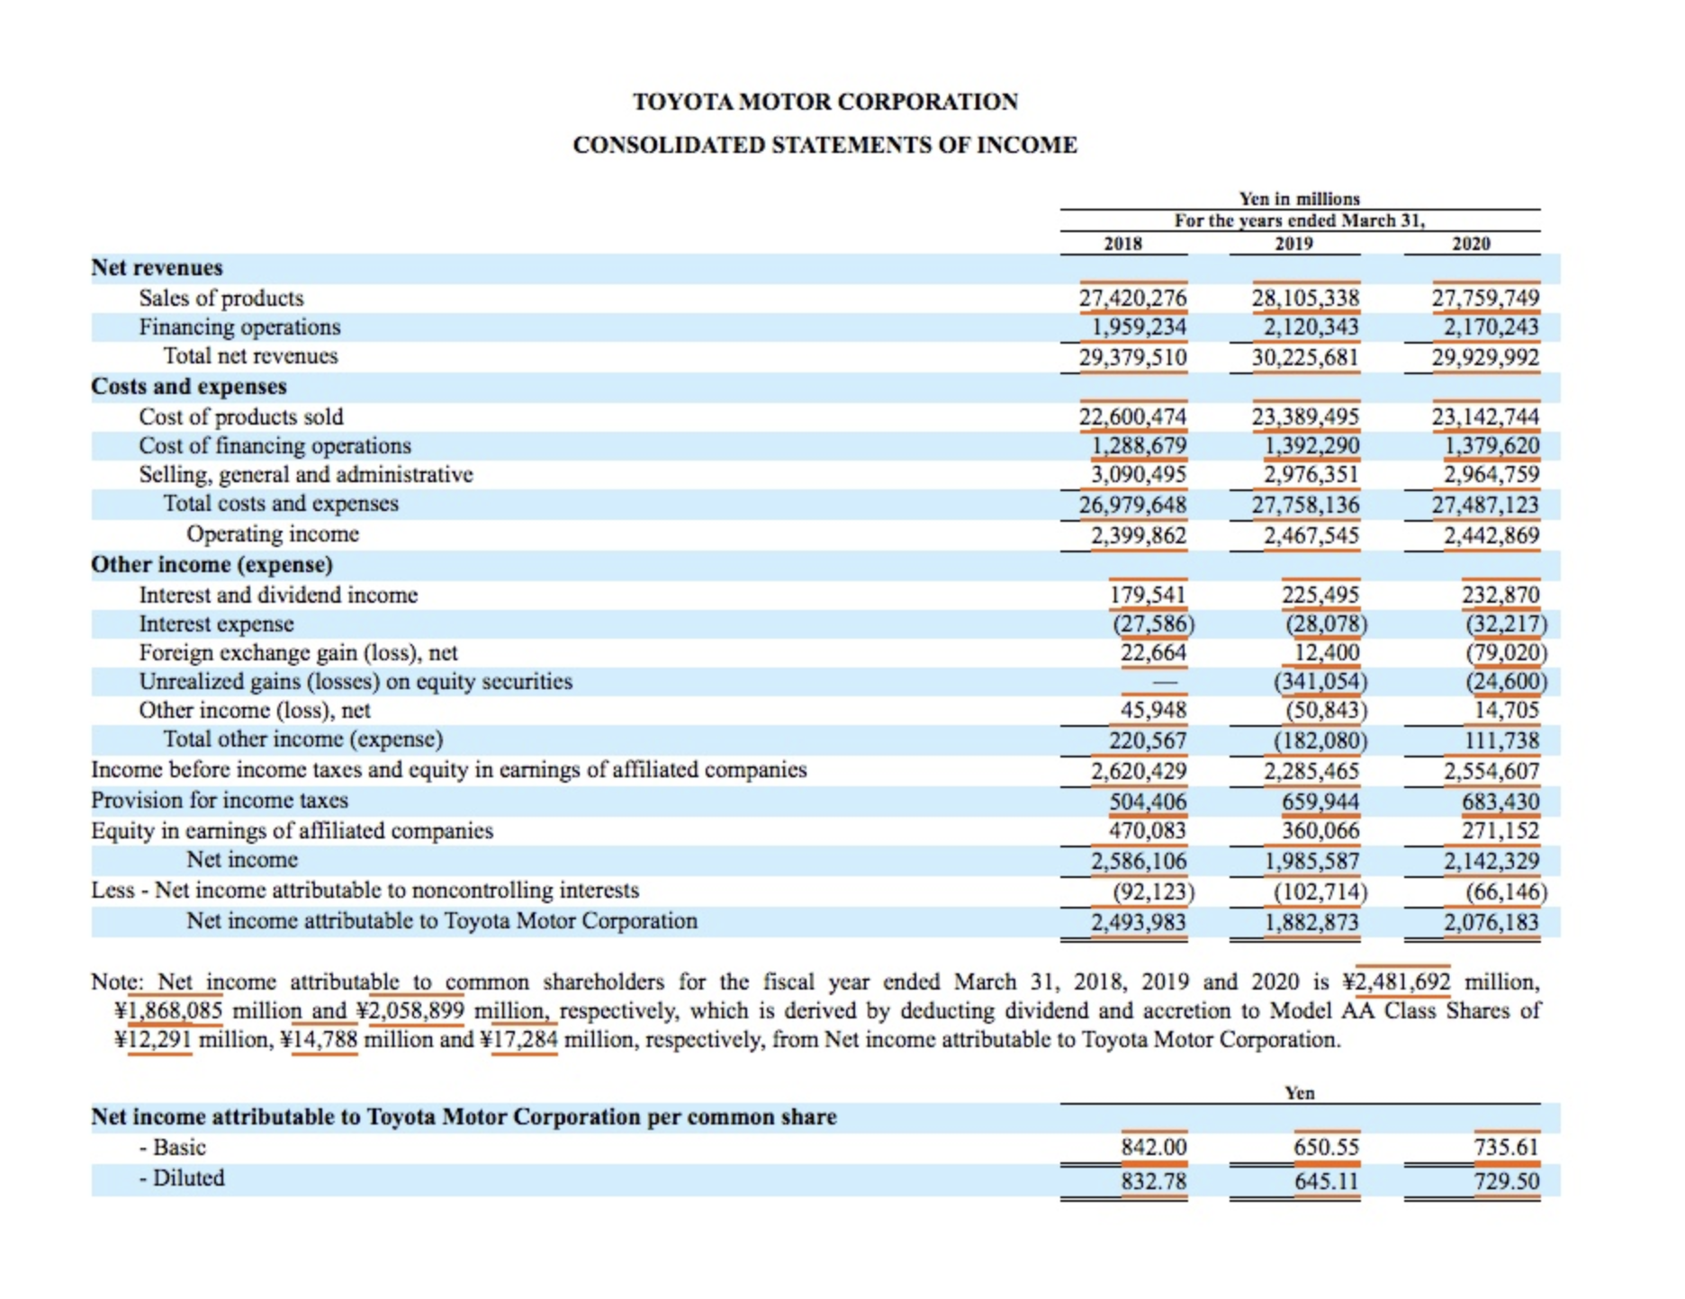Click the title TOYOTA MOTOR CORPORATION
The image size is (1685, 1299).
pyautogui.click(x=824, y=102)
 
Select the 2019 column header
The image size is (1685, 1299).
pyautogui.click(x=1293, y=244)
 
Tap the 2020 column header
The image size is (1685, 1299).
pyautogui.click(x=1471, y=244)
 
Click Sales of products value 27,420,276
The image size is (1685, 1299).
pyautogui.click(x=1132, y=298)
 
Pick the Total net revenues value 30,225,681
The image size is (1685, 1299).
pyautogui.click(x=1304, y=357)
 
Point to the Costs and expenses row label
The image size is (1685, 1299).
pyautogui.click(x=189, y=386)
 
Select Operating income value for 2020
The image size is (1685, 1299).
pyautogui.click(x=1491, y=535)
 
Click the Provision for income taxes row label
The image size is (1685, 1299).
pyautogui.click(x=219, y=800)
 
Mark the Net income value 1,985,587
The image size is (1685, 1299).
pyautogui.click(x=1311, y=861)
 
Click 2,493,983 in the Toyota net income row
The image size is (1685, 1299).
pyautogui.click(x=1138, y=922)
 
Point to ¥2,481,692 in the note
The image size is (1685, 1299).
pyautogui.click(x=1402, y=981)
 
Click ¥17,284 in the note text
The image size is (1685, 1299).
pyautogui.click(x=525, y=1040)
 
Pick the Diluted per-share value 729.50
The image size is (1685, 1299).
pyautogui.click(x=1506, y=1181)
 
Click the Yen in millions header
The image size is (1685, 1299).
pyautogui.click(x=1299, y=199)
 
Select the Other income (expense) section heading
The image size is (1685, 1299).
pyautogui.click(x=212, y=564)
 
